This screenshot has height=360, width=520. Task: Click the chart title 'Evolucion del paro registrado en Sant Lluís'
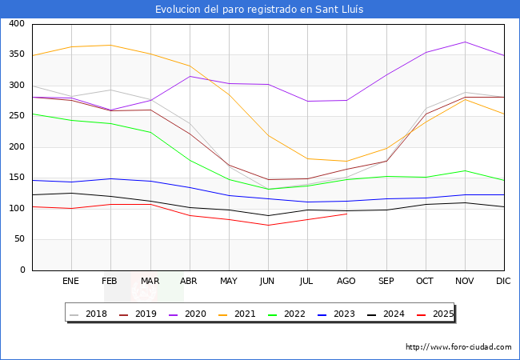pos(260,10)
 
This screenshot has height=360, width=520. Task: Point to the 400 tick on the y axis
pos(15,24)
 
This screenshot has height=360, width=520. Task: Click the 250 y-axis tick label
pos(15,117)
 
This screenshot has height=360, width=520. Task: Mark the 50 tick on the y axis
pos(18,239)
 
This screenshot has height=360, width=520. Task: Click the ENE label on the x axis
pos(71,281)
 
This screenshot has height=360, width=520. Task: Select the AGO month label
pos(346,281)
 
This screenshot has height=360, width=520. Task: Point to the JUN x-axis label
pos(268,281)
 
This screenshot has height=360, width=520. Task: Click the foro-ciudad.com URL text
pos(458,347)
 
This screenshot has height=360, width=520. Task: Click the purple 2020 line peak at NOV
pos(465,42)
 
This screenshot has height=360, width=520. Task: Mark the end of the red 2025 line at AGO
pos(346,214)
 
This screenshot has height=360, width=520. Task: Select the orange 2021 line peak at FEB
pos(110,45)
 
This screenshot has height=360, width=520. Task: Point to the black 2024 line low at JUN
pos(268,215)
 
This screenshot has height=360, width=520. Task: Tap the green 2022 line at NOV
pos(465,170)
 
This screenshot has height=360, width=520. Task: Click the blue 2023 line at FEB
pos(110,178)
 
